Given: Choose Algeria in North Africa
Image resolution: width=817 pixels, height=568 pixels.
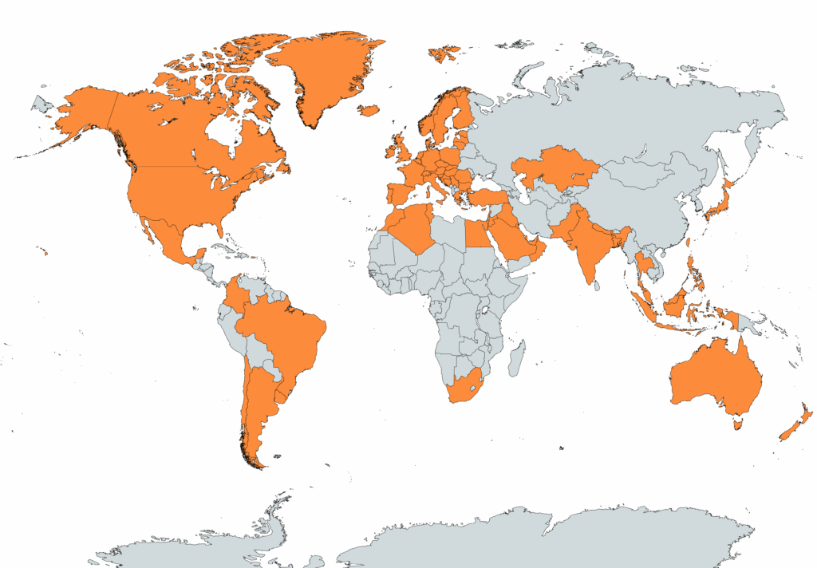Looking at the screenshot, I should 411,227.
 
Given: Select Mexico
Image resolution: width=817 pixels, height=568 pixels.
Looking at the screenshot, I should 168,235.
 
